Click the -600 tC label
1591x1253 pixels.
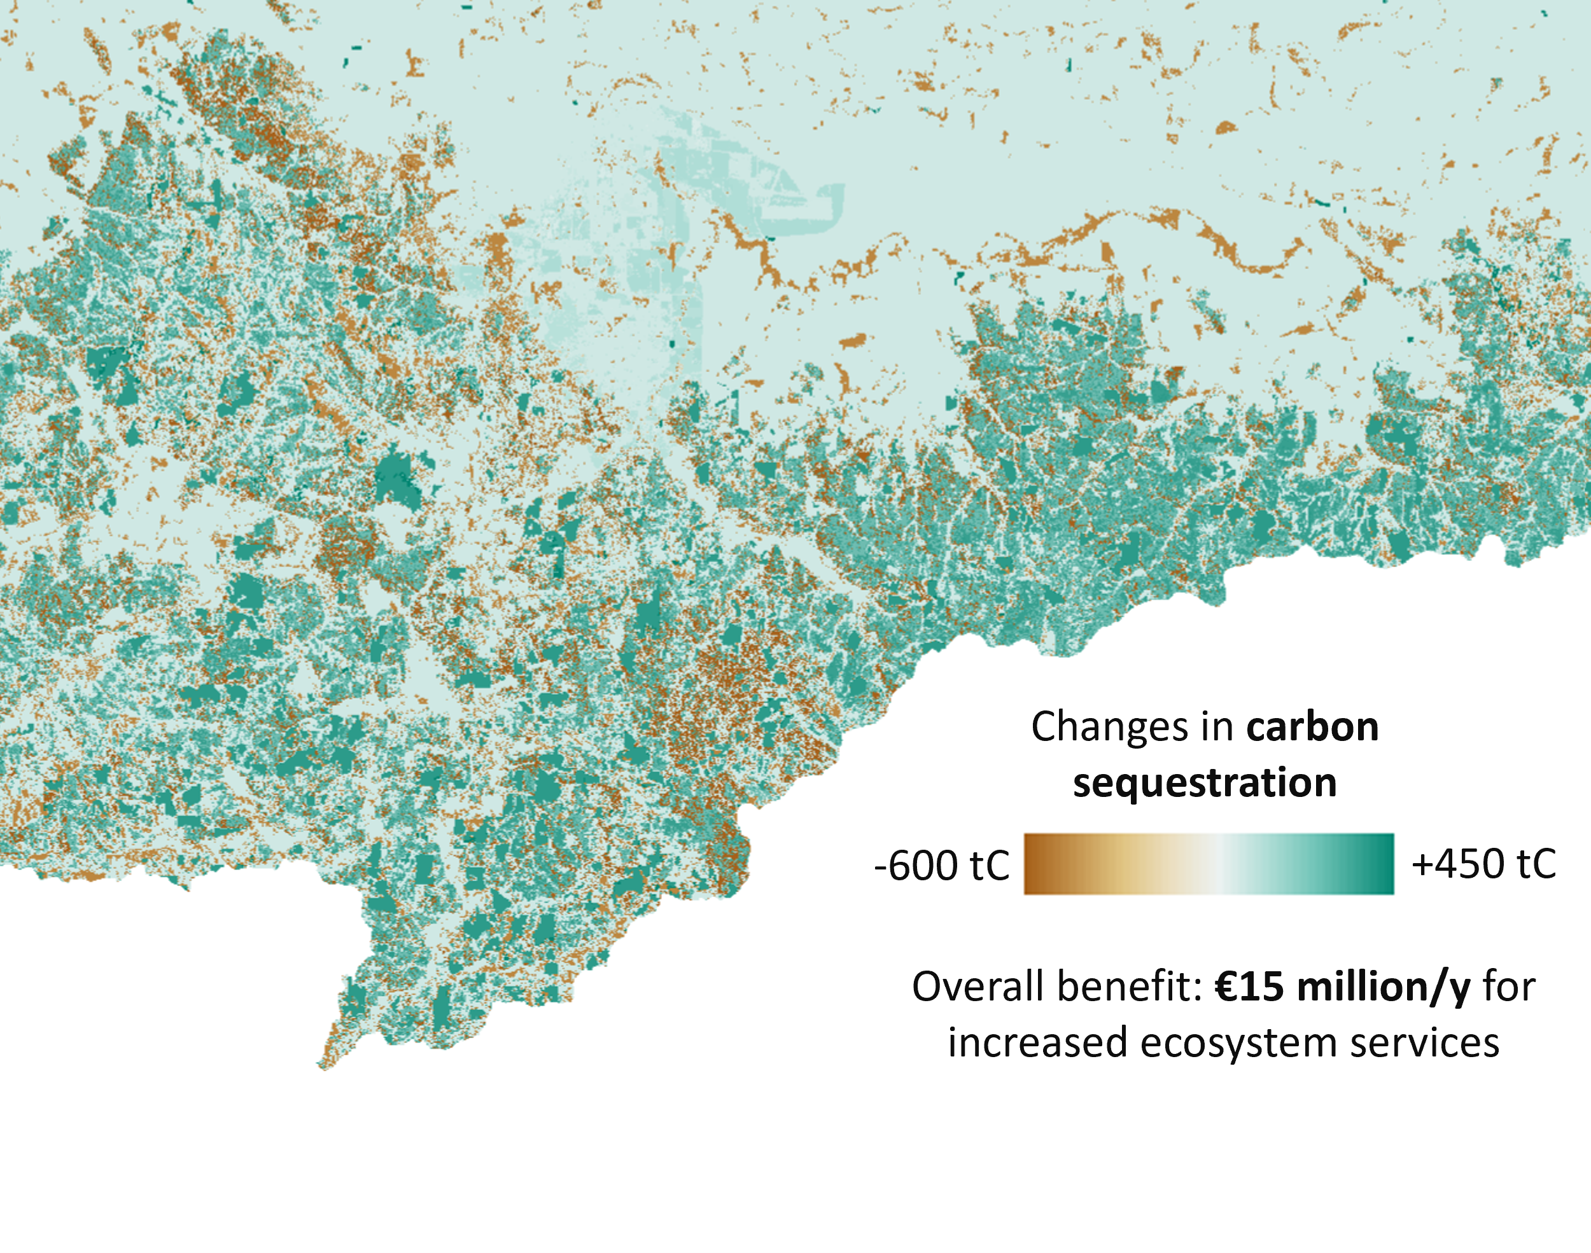coord(941,866)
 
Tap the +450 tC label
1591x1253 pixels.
coord(1483,864)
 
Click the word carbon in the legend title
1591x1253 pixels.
coord(1312,727)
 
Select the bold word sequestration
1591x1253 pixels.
coord(1204,783)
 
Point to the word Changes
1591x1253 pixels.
coord(1109,727)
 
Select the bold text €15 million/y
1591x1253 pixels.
coord(1342,986)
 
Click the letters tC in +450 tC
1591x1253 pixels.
coord(1535,864)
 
